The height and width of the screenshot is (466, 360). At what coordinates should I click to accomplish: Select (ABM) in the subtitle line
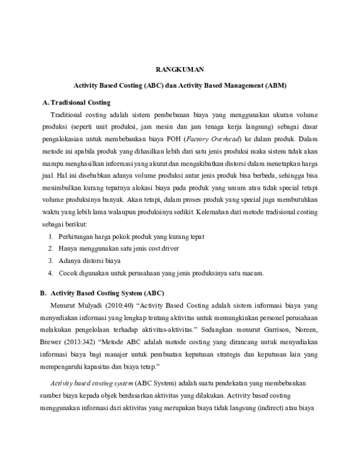275,86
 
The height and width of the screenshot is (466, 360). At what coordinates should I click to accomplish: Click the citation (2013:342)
88,344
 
